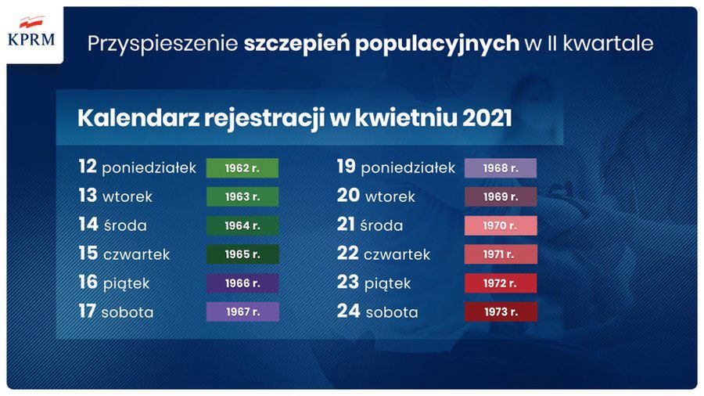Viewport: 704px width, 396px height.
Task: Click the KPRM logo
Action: [31, 32]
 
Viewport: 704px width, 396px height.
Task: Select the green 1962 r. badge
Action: [242, 168]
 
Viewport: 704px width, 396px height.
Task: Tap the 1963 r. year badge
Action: [242, 197]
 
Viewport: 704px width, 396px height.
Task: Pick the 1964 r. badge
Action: [242, 225]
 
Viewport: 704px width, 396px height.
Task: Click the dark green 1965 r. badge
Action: [242, 254]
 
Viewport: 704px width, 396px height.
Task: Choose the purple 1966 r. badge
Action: [242, 283]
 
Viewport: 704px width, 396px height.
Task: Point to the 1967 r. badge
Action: [242, 311]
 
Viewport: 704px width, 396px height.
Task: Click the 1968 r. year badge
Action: [500, 168]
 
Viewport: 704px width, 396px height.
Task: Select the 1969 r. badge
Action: [500, 197]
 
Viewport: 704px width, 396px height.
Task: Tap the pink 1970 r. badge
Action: [500, 225]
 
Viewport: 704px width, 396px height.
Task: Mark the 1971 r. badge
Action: [500, 254]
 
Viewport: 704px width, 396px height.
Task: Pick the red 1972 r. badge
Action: [500, 283]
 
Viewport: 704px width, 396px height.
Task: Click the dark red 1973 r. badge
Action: [500, 311]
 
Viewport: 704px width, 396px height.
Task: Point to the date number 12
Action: [87, 167]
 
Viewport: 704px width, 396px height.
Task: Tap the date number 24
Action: [348, 311]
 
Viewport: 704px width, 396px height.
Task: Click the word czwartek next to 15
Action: [136, 255]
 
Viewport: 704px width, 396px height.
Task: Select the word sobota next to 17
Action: [128, 312]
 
